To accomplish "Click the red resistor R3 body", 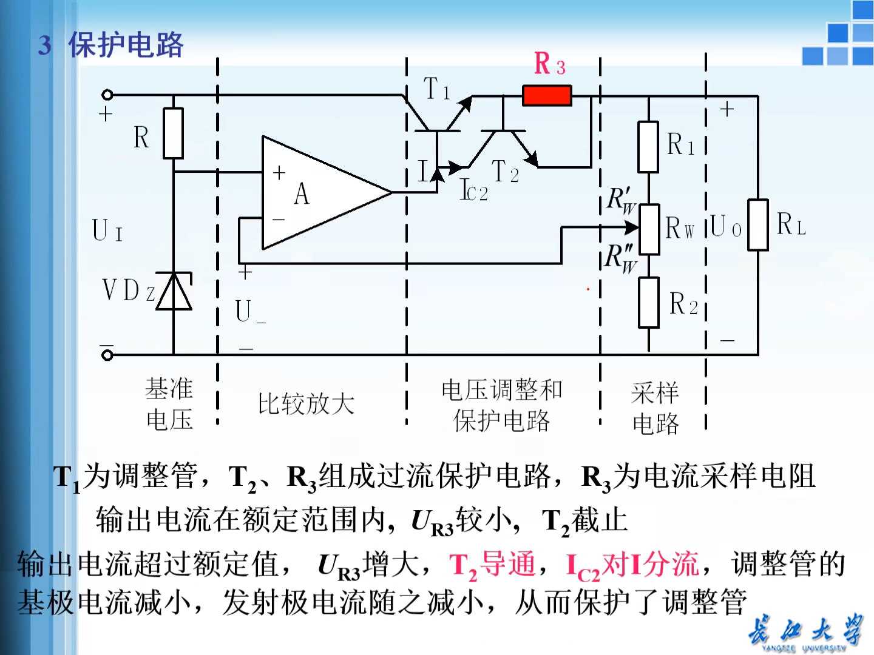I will click(x=547, y=96).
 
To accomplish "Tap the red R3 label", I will click(x=549, y=64).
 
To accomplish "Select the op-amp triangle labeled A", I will click(x=316, y=193).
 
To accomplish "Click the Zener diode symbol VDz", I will click(x=174, y=292).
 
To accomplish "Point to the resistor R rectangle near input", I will click(x=174, y=133).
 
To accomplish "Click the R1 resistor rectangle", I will click(x=648, y=147).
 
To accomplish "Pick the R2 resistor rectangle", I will click(x=649, y=303).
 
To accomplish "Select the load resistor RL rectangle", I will click(x=758, y=224).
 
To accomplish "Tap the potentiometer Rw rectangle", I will click(x=649, y=229).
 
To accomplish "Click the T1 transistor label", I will click(x=436, y=89).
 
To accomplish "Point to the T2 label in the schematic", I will click(x=505, y=172).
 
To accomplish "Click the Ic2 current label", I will click(x=473, y=190).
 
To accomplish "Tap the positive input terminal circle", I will click(x=107, y=95).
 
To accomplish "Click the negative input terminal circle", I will click(x=107, y=355).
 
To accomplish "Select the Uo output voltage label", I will click(x=725, y=227).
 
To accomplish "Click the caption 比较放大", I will click(x=306, y=404).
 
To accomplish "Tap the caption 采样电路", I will click(x=655, y=408).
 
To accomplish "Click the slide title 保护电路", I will click(x=126, y=45).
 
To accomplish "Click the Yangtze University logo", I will click(x=804, y=633).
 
